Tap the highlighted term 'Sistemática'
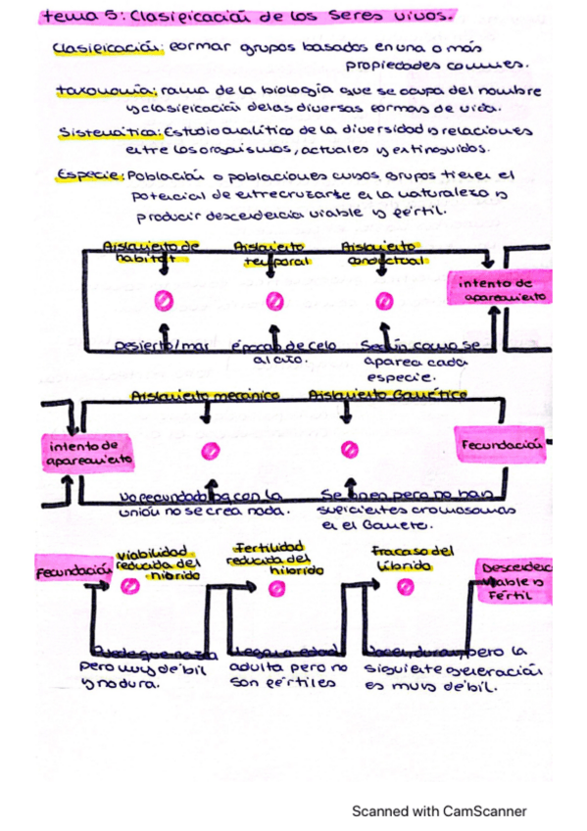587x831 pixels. pyautogui.click(x=94, y=130)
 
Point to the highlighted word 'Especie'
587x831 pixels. pyautogui.click(x=89, y=175)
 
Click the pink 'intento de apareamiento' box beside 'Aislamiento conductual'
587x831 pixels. pyautogui.click(x=500, y=289)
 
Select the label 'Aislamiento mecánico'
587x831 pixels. pyautogui.click(x=205, y=394)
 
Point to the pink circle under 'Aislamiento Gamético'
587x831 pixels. pyautogui.click(x=346, y=450)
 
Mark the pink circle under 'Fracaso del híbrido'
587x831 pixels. pyautogui.click(x=402, y=586)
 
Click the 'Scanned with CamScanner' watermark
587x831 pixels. pyautogui.click(x=439, y=811)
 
